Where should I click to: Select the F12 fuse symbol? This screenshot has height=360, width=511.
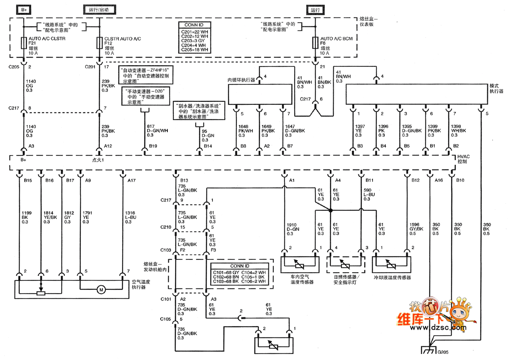click(100, 43)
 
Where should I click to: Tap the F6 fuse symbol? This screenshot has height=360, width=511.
click(316, 43)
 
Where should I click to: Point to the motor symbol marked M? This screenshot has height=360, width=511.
click(101, 290)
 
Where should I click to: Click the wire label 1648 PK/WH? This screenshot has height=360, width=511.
click(245, 131)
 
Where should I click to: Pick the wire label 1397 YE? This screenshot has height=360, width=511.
click(361, 131)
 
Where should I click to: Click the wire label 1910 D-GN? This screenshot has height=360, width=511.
click(293, 229)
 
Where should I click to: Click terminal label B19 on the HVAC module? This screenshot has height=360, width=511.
click(153, 146)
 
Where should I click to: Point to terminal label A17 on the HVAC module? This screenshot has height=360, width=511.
click(132, 180)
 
